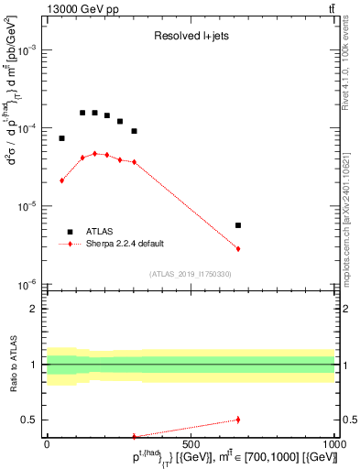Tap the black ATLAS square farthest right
(238, 225)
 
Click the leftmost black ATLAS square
(61, 138)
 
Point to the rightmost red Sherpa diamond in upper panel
(238, 249)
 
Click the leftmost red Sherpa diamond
(61, 180)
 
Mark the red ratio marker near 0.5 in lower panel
(238, 420)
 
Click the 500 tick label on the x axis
(191, 443)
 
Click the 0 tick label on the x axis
(47, 443)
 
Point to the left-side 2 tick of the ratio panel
(34, 309)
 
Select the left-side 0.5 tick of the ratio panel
(30, 420)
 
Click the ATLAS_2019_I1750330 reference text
(191, 274)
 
